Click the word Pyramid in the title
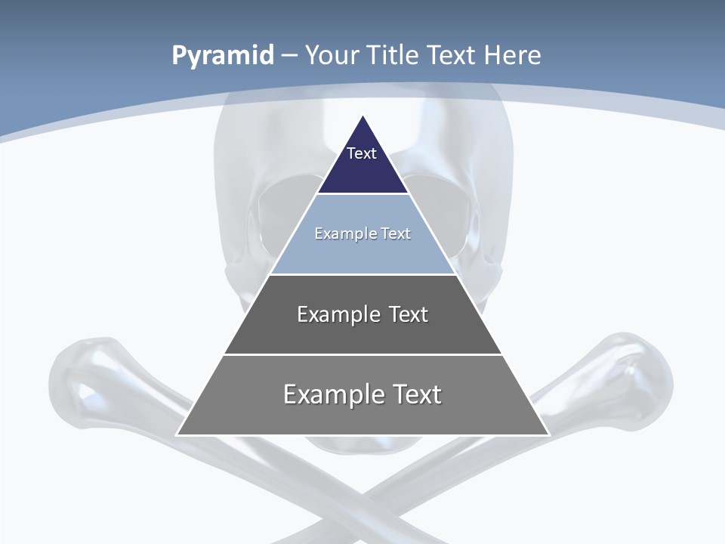[222, 56]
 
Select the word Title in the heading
[394, 55]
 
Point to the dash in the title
[288, 56]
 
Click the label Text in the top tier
[362, 153]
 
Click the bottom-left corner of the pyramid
[177, 434]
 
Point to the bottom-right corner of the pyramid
[549, 434]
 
